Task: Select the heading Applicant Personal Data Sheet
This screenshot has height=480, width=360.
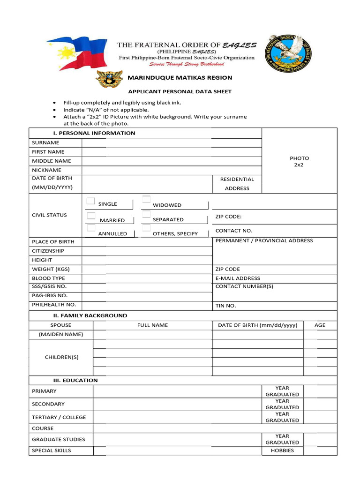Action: (180, 91)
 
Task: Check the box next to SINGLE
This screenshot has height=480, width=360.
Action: (91, 202)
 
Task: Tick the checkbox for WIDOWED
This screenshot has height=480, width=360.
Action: (146, 200)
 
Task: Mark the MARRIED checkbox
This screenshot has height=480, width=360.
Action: (91, 216)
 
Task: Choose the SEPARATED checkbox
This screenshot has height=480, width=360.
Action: (146, 215)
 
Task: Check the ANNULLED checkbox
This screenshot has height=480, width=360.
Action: (91, 228)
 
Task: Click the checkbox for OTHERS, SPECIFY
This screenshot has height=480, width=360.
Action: (146, 229)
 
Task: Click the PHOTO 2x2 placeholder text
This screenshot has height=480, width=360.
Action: (299, 162)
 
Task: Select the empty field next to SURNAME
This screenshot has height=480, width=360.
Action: (172, 142)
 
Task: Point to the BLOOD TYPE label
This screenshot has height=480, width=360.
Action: (48, 278)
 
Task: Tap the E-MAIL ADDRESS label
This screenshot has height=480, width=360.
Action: (238, 278)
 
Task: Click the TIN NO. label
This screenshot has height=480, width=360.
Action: (225, 306)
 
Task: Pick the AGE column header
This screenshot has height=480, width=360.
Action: (320, 325)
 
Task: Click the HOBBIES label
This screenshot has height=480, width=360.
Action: (282, 450)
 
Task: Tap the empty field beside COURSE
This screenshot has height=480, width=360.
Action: (215, 428)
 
